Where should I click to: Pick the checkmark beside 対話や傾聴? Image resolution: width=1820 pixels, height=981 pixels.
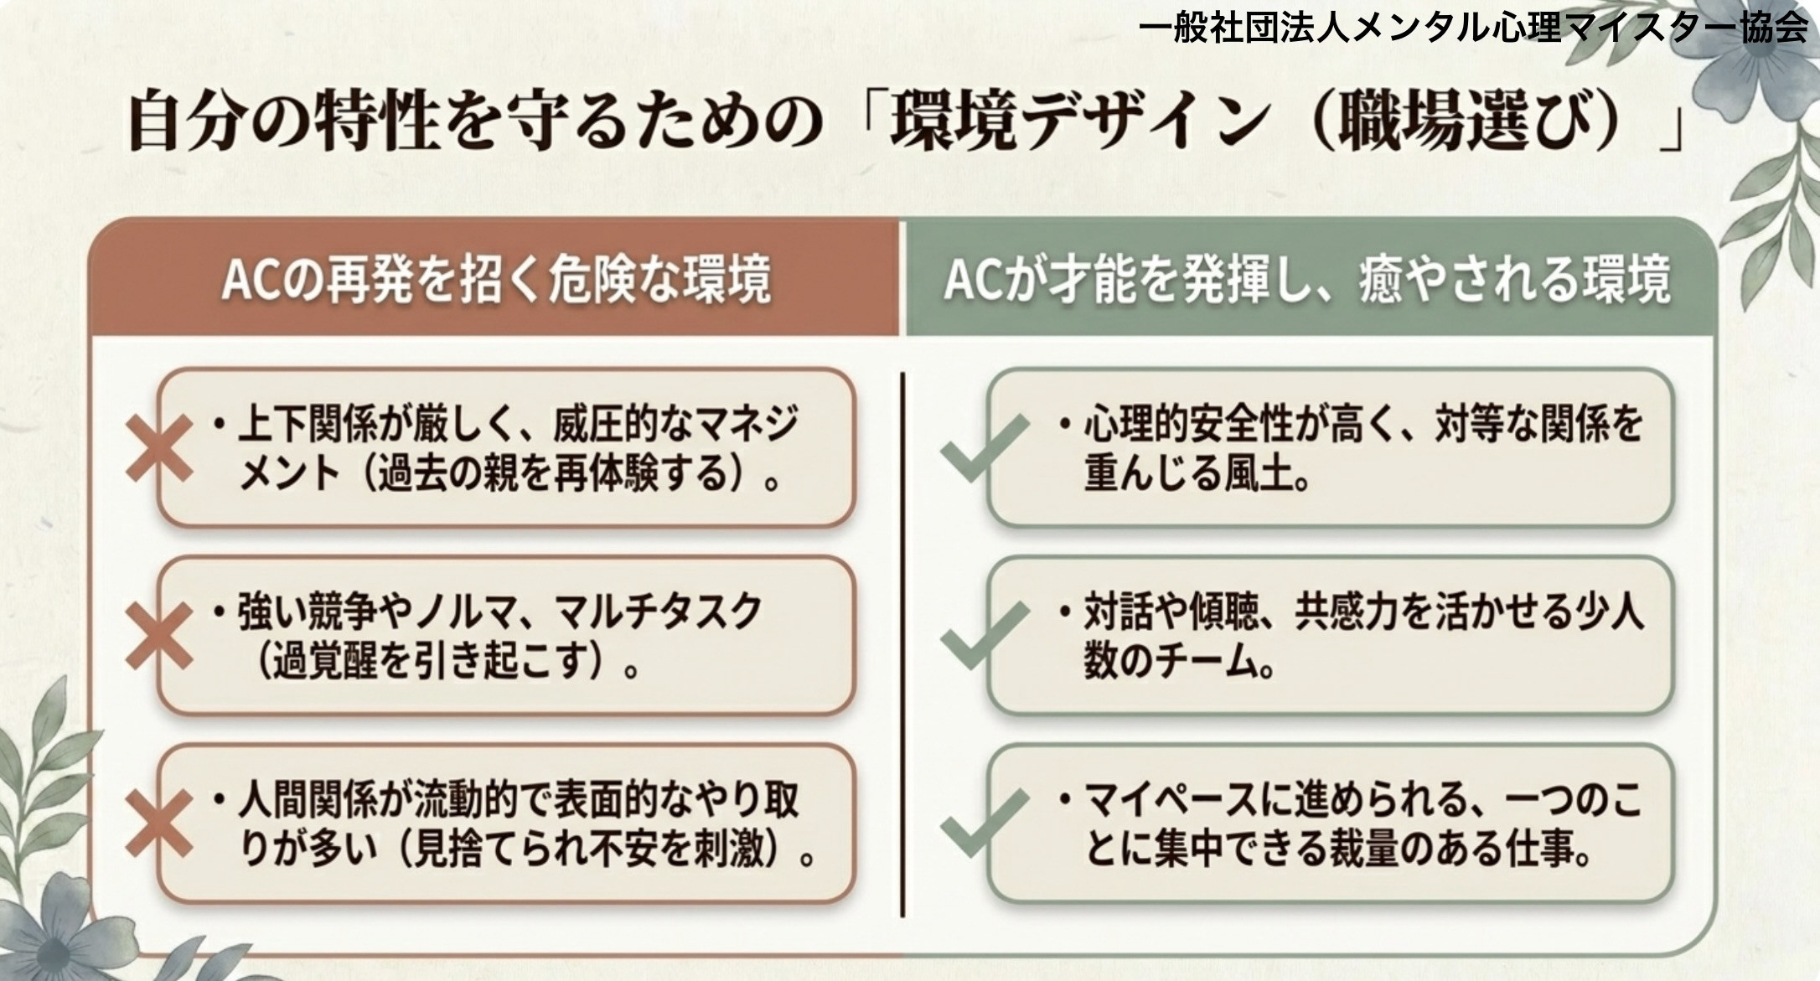[x=983, y=636]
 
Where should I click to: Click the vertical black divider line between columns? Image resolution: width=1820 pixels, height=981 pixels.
[x=902, y=644]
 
